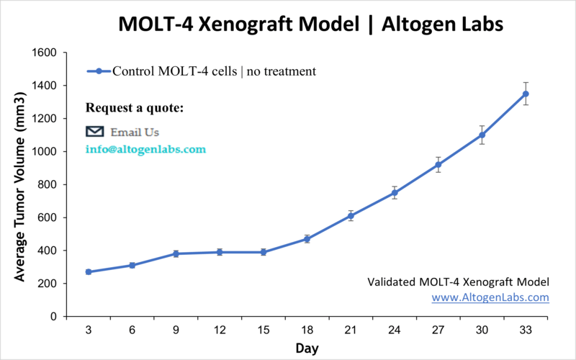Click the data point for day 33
point(526,94)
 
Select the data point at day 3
point(89,272)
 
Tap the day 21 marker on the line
point(351,216)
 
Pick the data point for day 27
point(438,165)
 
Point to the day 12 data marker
point(220,252)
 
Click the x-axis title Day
point(307,348)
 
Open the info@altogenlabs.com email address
point(145,150)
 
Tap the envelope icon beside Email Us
point(95,132)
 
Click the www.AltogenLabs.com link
point(490,297)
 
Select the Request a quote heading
point(135,108)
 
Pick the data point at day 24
point(395,192)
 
